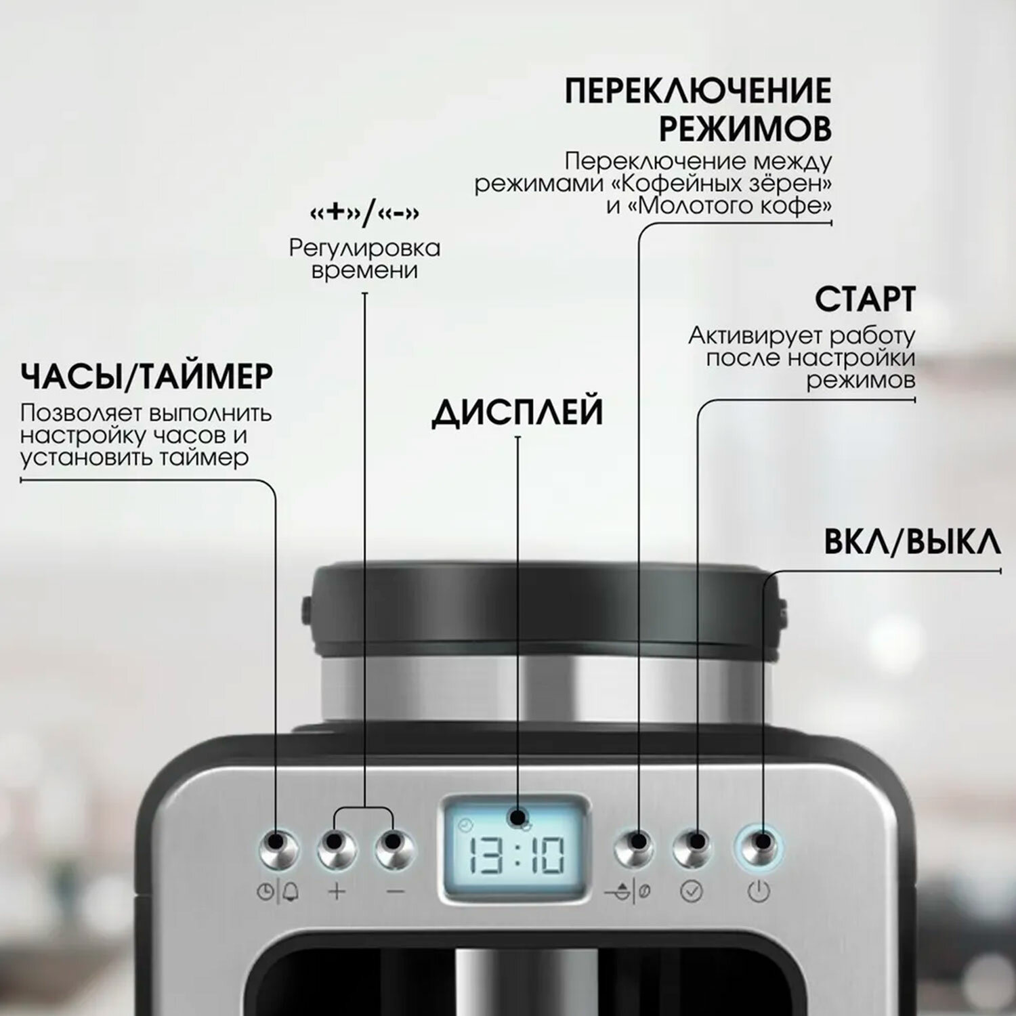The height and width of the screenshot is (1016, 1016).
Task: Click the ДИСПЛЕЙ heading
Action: [x=517, y=412]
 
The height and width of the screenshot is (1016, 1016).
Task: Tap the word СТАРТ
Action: [x=865, y=299]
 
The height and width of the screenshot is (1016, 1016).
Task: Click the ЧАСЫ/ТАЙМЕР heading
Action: [x=146, y=377]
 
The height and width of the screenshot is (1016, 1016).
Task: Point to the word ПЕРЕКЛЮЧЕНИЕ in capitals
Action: [x=698, y=91]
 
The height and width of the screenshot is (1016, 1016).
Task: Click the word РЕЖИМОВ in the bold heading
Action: [x=745, y=129]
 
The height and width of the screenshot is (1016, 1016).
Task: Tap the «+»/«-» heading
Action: [x=364, y=213]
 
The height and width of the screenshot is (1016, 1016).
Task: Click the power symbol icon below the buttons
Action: [x=759, y=891]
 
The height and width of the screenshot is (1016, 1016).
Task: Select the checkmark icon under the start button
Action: [x=691, y=891]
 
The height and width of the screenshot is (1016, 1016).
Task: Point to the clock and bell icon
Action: [x=278, y=891]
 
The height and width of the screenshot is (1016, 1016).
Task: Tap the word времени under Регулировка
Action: [x=364, y=270]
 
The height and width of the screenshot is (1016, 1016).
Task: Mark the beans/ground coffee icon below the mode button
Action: [x=629, y=891]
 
